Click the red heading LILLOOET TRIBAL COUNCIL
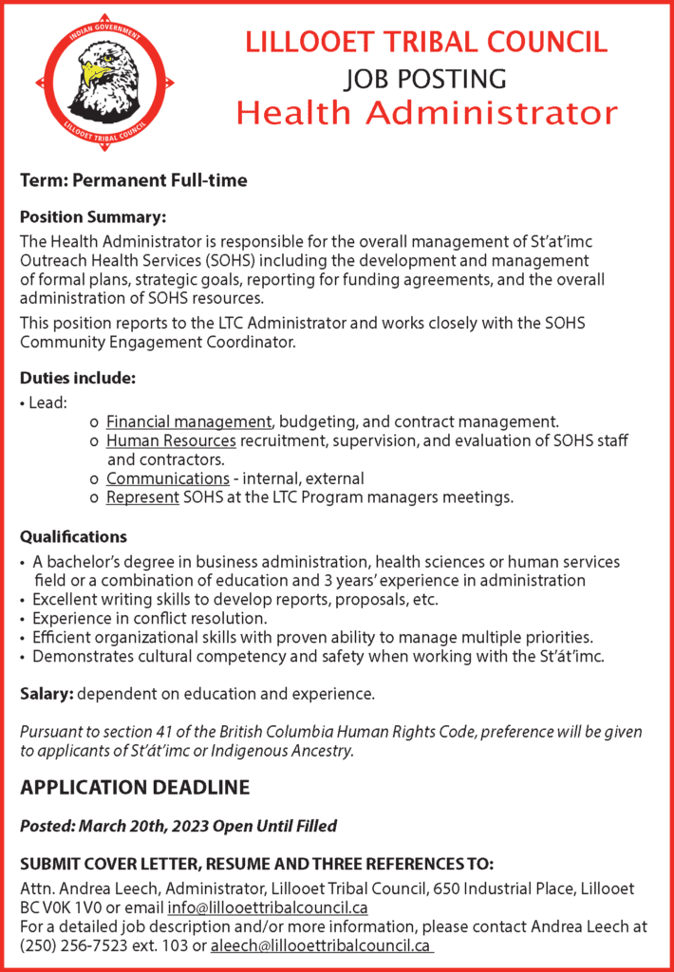(426, 43)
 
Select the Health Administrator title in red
(426, 113)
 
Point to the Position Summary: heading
(93, 218)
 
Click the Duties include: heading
(78, 378)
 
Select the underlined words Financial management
(189, 421)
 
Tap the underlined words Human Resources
(171, 440)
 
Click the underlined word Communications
(168, 478)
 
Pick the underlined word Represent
(142, 497)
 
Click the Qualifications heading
(74, 537)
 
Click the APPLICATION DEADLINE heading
(135, 787)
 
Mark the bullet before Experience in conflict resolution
(24, 618)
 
